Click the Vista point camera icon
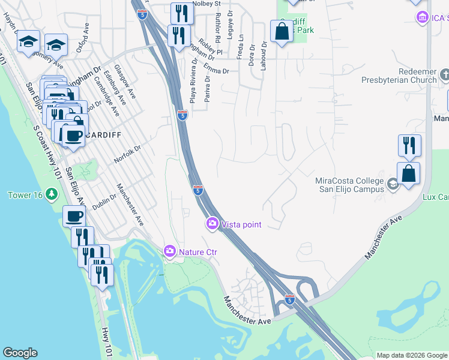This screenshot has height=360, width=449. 212,224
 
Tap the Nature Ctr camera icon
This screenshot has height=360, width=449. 170,250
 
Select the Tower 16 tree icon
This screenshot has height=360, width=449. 52,194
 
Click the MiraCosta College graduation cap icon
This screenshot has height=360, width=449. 393,184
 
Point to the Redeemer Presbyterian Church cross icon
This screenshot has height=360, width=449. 444,75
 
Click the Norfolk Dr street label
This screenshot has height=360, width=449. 127,155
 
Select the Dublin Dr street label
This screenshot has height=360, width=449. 104,196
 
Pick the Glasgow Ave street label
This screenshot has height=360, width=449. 125,82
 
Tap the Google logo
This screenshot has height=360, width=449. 20,353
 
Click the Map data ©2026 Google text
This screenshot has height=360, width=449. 412,355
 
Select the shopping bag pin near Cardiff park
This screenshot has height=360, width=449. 282,31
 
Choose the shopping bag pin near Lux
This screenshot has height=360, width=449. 408,173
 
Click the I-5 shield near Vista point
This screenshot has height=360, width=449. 198,190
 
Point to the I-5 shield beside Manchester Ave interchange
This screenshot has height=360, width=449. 289,299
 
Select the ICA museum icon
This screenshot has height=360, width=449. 422,17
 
